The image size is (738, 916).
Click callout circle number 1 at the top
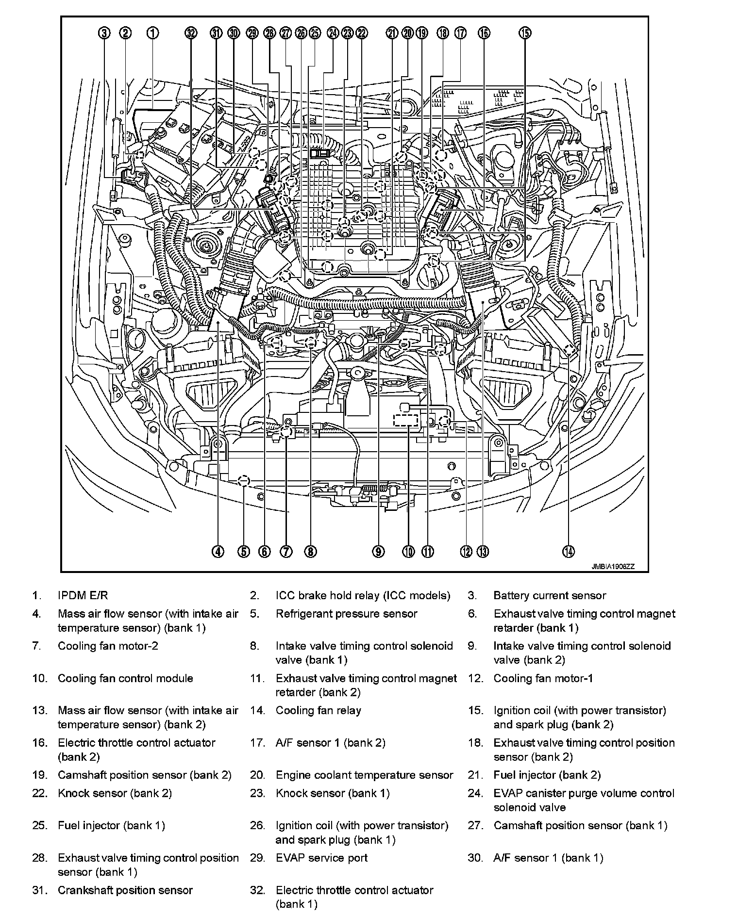click(152, 33)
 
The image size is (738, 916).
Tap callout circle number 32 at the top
click(191, 33)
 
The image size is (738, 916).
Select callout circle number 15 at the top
click(525, 33)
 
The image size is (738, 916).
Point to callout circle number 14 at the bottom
click(568, 551)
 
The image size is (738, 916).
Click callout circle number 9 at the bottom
click(378, 551)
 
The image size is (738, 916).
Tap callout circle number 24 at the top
click(333, 33)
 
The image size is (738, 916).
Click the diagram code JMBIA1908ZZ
click(613, 566)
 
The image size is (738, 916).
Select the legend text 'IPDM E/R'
click(83, 595)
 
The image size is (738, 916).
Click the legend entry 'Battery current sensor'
click(550, 595)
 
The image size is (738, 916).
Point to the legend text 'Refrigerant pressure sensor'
click(346, 614)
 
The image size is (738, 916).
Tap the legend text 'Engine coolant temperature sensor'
click(364, 775)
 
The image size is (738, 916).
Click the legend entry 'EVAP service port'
click(321, 858)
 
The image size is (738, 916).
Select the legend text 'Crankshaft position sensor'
click(125, 890)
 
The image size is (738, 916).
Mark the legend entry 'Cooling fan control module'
click(125, 678)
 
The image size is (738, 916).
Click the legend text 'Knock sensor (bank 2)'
click(115, 793)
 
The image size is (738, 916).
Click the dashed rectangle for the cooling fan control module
click(406, 420)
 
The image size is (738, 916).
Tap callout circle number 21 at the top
click(392, 33)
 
